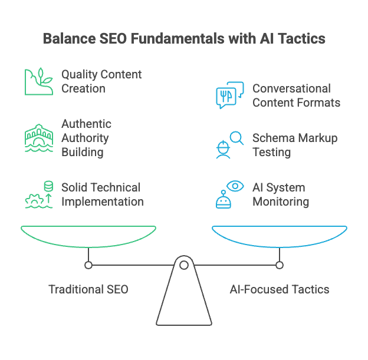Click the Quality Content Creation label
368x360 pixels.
[x=101, y=82]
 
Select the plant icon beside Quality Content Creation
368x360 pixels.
[x=39, y=81]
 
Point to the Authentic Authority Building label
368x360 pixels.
[x=86, y=138]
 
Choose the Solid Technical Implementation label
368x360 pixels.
[x=101, y=194]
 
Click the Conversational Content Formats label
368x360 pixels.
[x=296, y=95]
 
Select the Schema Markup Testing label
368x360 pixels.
[x=294, y=145]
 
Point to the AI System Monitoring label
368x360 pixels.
[x=281, y=194]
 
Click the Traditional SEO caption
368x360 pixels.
[x=88, y=289]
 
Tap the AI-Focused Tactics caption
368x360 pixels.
[x=279, y=289]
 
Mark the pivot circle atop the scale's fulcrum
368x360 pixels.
[x=184, y=265]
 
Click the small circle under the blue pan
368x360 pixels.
[x=280, y=265]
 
